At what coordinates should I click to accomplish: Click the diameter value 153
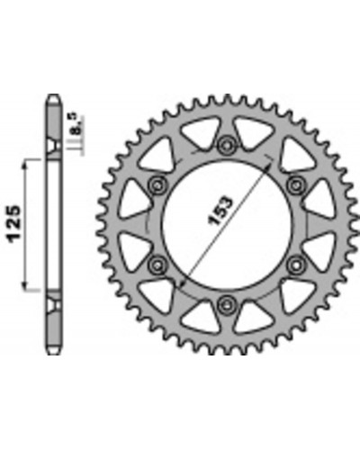click(x=220, y=211)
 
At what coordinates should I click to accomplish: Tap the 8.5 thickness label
click(x=76, y=123)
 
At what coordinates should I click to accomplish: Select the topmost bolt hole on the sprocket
click(x=226, y=145)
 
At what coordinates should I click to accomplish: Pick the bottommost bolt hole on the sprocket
click(x=226, y=305)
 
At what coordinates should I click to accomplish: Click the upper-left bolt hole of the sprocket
click(x=157, y=185)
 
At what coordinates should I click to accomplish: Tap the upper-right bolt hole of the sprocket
click(x=295, y=185)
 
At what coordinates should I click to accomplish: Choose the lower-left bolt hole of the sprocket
click(x=157, y=265)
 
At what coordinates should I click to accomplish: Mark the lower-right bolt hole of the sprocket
click(x=295, y=265)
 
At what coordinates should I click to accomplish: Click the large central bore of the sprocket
click(x=227, y=226)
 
